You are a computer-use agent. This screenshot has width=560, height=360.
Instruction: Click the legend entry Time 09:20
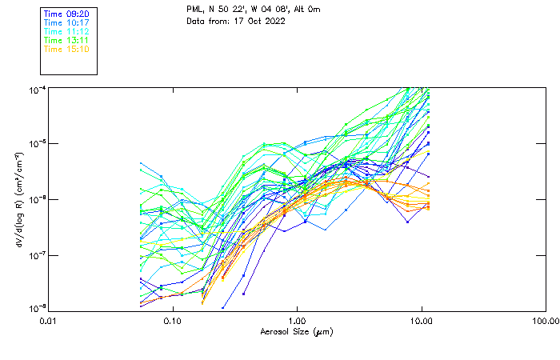click(66, 14)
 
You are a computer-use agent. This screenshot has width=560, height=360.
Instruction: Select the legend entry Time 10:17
click(66, 22)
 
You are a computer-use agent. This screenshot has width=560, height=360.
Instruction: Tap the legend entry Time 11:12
click(66, 31)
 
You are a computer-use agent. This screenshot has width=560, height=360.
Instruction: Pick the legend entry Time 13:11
click(66, 40)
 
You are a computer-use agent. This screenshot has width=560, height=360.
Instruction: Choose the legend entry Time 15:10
click(66, 49)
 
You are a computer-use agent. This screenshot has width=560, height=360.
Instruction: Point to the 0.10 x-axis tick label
click(172, 321)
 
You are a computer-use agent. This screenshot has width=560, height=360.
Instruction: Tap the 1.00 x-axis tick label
click(297, 321)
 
